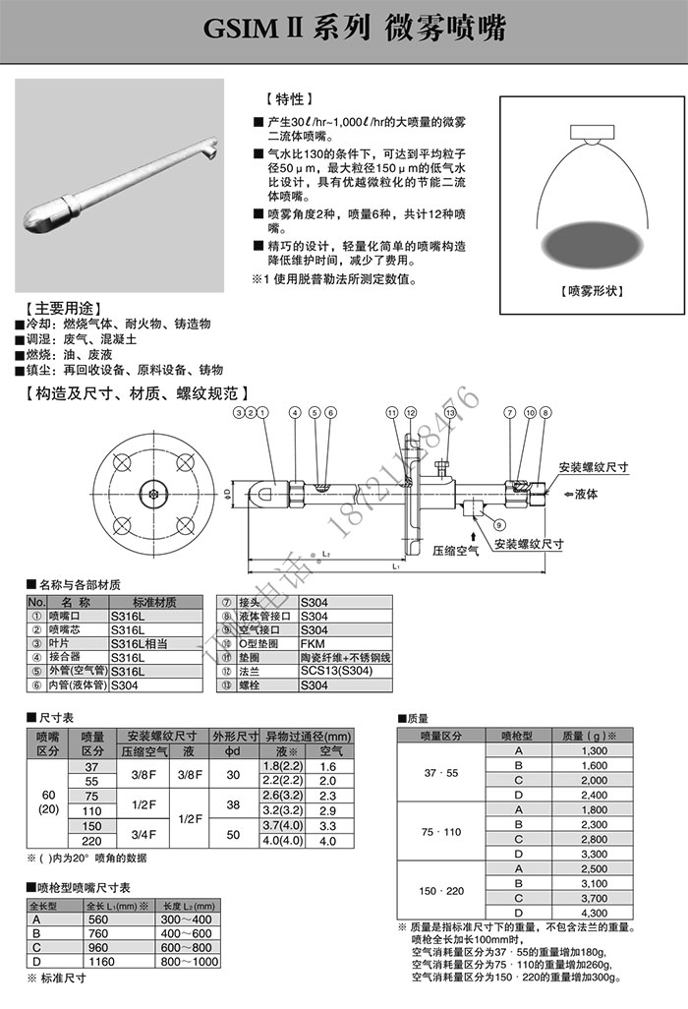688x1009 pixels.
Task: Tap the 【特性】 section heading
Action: click(x=289, y=99)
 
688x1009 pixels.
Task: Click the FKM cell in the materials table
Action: click(x=313, y=643)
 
